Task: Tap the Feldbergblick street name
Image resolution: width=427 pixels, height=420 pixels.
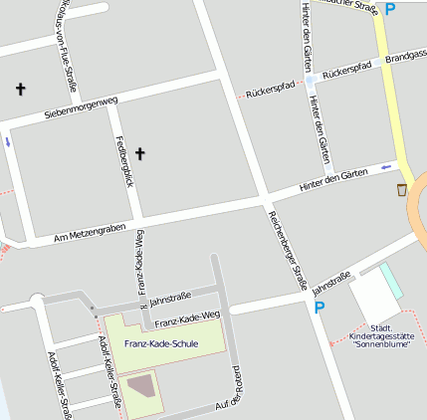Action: coord(123,160)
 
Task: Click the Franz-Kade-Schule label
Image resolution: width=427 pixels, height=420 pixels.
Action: coord(161,344)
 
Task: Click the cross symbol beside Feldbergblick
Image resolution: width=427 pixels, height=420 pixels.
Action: coord(140,153)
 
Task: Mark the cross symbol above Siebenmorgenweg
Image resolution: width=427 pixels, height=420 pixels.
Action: coord(20,90)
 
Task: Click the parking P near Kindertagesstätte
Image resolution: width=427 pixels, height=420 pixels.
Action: coord(320,309)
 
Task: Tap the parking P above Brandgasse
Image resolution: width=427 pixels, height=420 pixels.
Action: coord(390,9)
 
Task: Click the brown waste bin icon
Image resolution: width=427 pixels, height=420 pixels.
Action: coord(402,190)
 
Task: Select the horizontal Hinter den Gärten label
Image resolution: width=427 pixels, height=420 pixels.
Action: coord(333,180)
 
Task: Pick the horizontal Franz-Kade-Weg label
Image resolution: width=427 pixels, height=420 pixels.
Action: coord(187,318)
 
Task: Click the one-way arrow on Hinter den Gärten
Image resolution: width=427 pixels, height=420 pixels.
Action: coord(386,168)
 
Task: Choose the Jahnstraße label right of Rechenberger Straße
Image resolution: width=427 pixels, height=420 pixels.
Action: coord(331,283)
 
